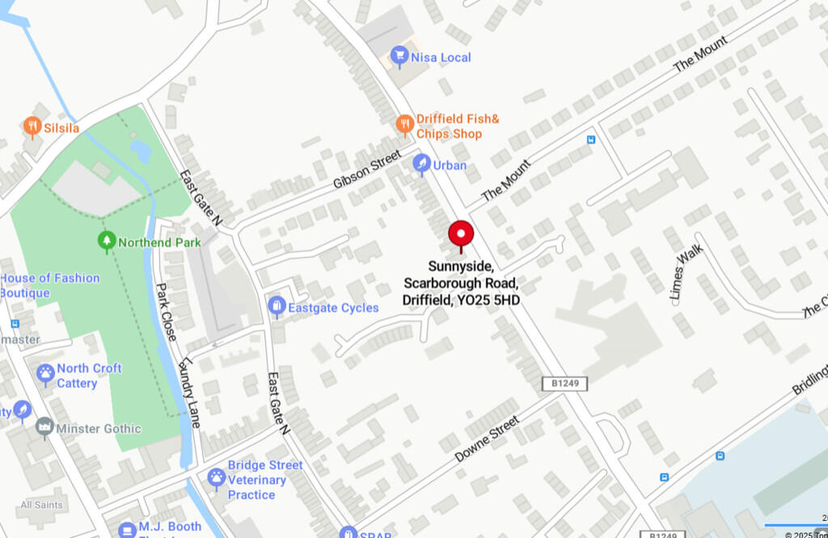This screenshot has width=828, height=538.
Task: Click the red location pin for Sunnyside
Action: click(461, 234)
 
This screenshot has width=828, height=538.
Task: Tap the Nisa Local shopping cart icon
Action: click(399, 57)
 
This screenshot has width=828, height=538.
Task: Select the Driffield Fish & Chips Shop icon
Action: click(405, 125)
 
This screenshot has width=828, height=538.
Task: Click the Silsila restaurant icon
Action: click(32, 127)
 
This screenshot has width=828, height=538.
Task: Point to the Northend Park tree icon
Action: click(106, 241)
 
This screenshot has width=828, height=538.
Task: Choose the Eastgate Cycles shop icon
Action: click(277, 307)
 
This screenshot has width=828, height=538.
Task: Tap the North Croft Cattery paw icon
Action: click(45, 375)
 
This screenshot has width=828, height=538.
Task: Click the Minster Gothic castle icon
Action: click(44, 428)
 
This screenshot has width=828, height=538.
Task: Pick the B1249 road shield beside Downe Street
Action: click(564, 383)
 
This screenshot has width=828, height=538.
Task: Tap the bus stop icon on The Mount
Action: click(591, 140)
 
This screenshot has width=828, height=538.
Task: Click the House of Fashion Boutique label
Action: click(50, 285)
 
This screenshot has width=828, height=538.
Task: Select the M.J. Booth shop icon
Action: click(127, 529)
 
